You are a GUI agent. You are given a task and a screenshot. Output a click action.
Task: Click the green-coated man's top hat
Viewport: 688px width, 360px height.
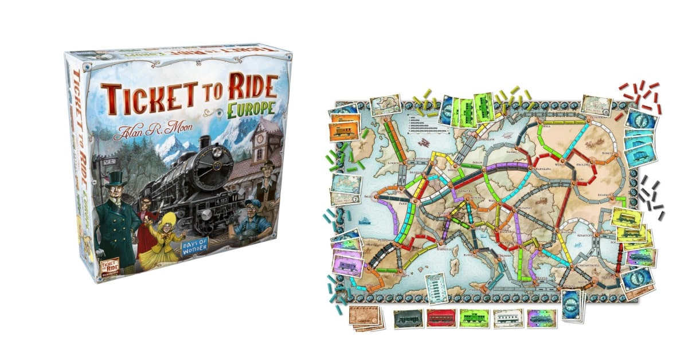pos(115,179)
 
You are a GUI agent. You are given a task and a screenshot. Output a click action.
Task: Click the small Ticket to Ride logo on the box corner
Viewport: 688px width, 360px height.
pos(79,265)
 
